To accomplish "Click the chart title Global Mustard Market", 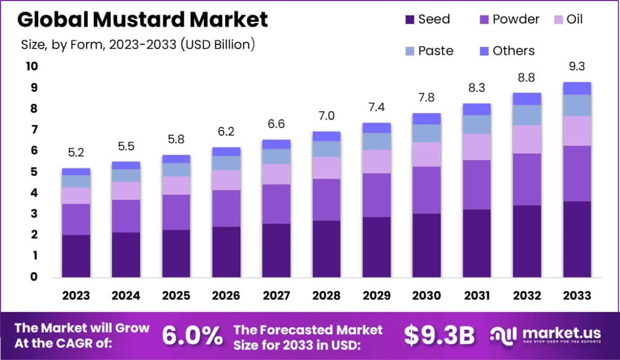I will click(143, 20).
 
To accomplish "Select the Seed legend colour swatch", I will click(410, 20).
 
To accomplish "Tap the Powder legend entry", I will click(509, 20).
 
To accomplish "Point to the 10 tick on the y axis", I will click(32, 66).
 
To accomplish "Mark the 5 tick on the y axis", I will click(32, 172).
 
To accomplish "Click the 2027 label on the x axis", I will click(276, 296).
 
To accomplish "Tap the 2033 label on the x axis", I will click(577, 296).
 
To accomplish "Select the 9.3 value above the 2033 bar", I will click(577, 67).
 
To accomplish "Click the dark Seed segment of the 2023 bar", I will click(76, 256).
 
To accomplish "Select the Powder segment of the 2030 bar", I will click(427, 190).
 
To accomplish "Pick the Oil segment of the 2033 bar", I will click(577, 130).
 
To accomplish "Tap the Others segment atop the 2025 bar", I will click(176, 159).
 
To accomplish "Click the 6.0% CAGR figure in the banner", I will click(192, 335).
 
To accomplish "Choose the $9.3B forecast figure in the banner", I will click(439, 335).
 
